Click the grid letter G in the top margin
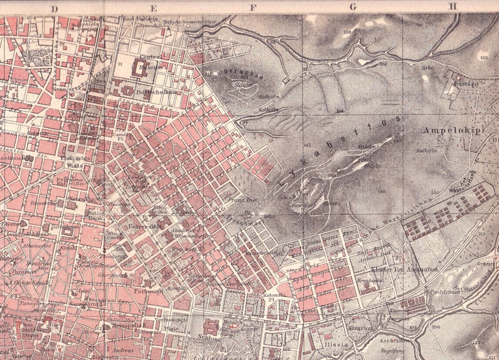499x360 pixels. [x=353, y=7]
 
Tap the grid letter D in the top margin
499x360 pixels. [x=54, y=8]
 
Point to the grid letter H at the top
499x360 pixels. [x=453, y=7]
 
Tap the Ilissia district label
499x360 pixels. [x=337, y=344]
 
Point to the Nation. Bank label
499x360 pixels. [x=97, y=215]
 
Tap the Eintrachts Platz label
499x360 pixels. [x=80, y=161]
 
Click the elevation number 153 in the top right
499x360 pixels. [x=483, y=57]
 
